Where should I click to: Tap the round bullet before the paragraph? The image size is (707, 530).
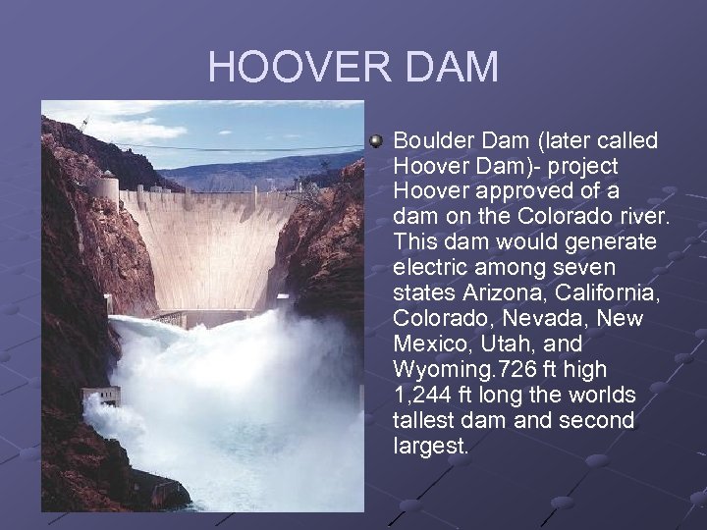click(x=376, y=141)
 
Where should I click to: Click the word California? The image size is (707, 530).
click(x=606, y=293)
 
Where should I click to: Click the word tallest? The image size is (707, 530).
click(x=426, y=421)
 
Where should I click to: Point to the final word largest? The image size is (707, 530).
click(x=430, y=447)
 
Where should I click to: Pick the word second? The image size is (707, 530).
click(x=595, y=421)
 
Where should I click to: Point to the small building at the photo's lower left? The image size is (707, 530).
click(x=101, y=396)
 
